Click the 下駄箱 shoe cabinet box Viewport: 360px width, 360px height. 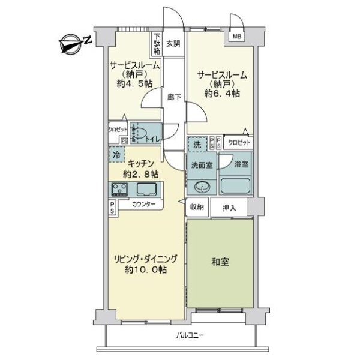pos(156,43)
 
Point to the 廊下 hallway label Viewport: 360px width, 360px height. pos(174,98)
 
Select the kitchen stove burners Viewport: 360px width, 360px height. pos(118,190)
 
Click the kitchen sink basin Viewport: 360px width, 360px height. pos(146,190)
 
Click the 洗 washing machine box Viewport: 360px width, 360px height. pos(196,145)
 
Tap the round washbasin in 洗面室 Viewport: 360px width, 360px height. pos(203,184)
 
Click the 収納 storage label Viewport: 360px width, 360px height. pos(197,207)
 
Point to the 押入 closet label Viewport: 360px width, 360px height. pos(229,208)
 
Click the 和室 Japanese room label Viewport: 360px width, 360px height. pos(220,262)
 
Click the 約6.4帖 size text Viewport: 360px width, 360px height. pos(221,94)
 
